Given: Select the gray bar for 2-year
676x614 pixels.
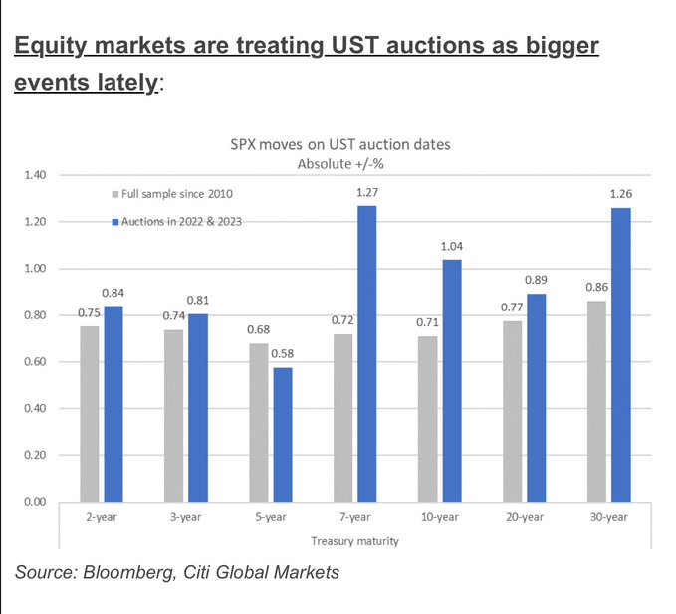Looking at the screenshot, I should click(x=89, y=413).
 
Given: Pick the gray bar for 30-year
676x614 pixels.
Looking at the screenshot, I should click(x=596, y=400).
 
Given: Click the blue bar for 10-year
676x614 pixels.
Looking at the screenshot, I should click(x=452, y=380).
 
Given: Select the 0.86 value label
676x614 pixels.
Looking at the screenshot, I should click(x=596, y=288).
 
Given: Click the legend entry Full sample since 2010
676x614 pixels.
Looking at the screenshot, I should click(x=177, y=193).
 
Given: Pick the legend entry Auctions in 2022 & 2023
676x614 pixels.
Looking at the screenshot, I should click(x=182, y=221).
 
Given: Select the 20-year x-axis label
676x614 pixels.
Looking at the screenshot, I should click(x=524, y=518).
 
